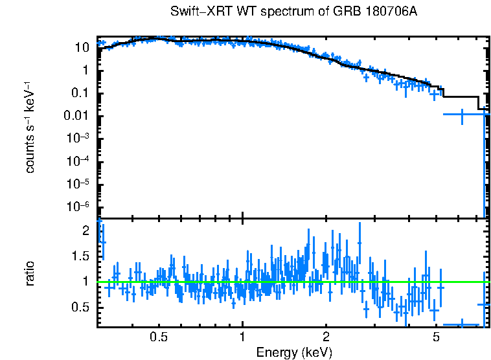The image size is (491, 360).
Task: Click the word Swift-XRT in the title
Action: pos(197,12)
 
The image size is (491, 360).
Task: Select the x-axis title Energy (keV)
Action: pos(294,352)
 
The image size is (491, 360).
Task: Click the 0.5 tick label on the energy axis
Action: pos(159,337)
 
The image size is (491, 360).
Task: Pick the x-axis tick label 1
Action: pos(242,337)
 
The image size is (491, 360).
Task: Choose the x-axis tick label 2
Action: pos(326,337)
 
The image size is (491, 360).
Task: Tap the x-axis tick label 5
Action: pos(436,337)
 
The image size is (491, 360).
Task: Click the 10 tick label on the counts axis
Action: pos(82,48)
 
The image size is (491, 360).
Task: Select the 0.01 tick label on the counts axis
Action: pos(77,117)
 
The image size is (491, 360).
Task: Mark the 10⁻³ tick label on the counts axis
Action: pos(79,139)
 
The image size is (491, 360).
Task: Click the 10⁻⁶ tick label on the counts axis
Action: pos(79,207)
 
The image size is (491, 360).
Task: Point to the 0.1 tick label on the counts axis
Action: pos(80,93)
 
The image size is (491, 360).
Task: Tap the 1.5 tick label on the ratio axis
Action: pos(80,256)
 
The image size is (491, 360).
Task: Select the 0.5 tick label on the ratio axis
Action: pos(80,307)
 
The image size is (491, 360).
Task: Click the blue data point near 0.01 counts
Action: pos(462,115)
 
